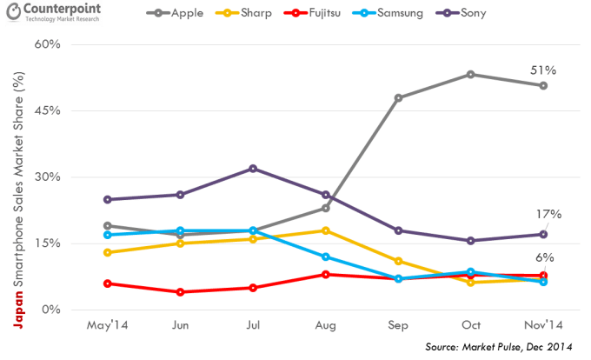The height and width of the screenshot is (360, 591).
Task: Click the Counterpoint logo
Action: point(51,14)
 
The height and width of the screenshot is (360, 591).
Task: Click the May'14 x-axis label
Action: point(107,325)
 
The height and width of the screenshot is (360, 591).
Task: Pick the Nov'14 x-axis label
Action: point(543,325)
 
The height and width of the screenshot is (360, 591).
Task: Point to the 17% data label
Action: point(549,214)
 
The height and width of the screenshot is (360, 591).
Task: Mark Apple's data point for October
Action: point(470,74)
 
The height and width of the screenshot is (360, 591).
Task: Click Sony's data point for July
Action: point(252,168)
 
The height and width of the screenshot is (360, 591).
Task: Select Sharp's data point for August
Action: point(325,230)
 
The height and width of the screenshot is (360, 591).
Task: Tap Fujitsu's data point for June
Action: point(180,292)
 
